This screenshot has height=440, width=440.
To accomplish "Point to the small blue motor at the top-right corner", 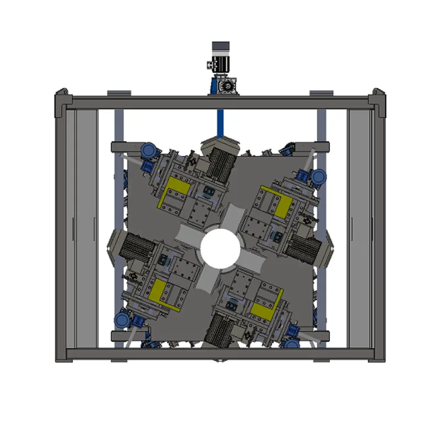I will (318, 176).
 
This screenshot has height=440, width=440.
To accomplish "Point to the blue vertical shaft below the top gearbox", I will (220, 121).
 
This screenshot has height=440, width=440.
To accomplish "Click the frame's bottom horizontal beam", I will (220, 354).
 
